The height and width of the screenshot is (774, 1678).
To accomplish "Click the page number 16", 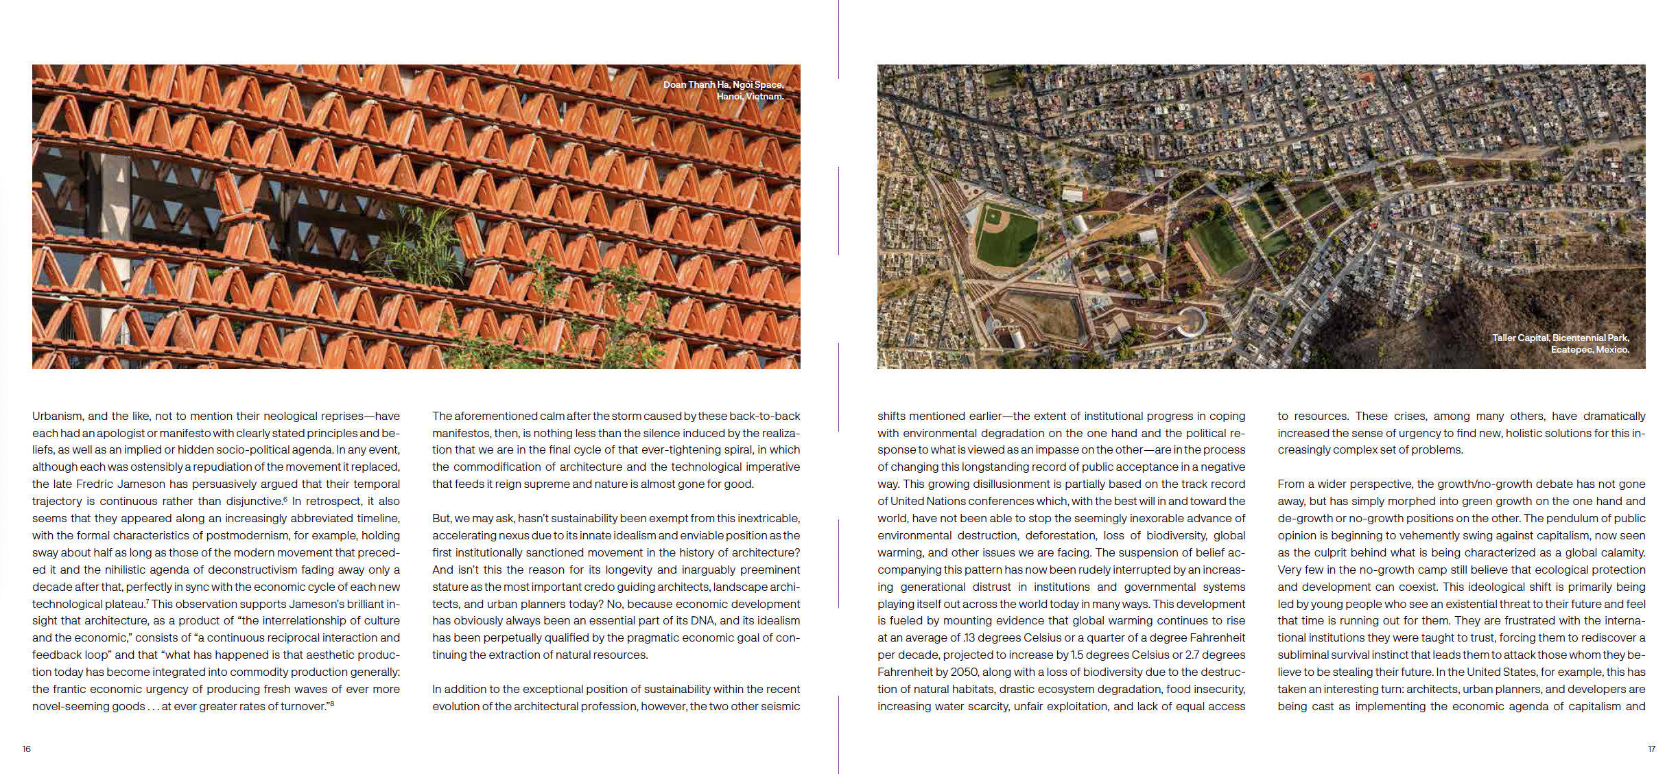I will click(x=26, y=749).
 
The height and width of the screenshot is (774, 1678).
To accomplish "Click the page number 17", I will click(x=1651, y=749).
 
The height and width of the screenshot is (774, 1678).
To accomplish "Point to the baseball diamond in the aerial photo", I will click(x=1005, y=235).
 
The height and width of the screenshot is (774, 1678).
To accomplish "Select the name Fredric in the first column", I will click(x=95, y=484).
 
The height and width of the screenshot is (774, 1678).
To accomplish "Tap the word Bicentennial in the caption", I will click(x=1579, y=338).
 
